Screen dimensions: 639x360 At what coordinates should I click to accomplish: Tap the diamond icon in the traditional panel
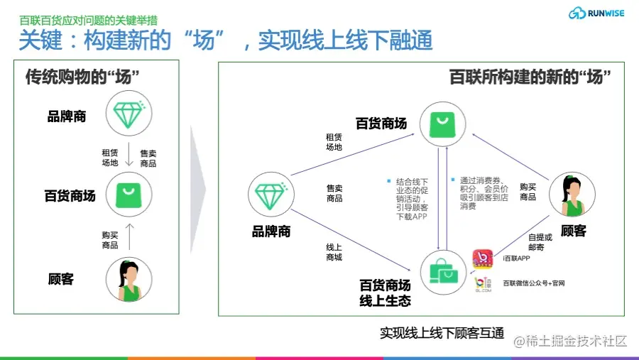tap(128, 113)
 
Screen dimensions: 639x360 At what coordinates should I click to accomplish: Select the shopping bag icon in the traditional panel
tap(128, 192)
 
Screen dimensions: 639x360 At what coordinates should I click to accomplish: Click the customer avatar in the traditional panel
tap(129, 279)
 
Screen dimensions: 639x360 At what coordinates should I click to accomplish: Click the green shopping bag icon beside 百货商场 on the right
tap(442, 123)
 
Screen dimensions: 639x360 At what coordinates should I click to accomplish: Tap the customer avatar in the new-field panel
tap(572, 195)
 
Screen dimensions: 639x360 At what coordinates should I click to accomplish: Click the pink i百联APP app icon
tap(484, 258)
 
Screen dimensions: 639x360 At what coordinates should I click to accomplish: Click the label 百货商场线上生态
tap(385, 293)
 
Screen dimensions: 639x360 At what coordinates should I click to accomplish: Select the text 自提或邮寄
tap(540, 243)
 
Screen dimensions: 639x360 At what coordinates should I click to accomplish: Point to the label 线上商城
tap(334, 251)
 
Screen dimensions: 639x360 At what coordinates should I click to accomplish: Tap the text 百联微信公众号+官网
tap(534, 284)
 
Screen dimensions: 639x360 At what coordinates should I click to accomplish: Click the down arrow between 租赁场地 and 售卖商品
tap(129, 157)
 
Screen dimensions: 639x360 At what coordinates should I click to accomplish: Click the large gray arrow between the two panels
tap(198, 189)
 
